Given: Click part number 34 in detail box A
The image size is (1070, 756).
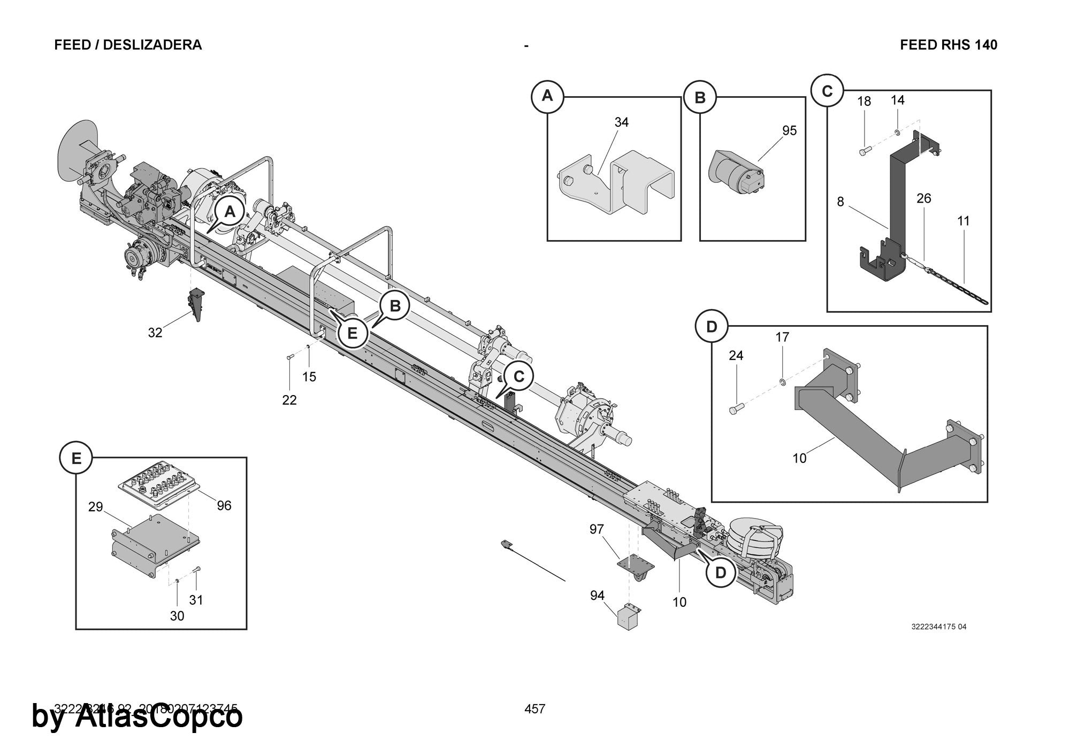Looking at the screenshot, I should pyautogui.click(x=621, y=122).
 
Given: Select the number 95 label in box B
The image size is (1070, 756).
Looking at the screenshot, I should pyautogui.click(x=789, y=130).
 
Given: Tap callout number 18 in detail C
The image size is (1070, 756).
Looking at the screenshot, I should pyautogui.click(x=864, y=102).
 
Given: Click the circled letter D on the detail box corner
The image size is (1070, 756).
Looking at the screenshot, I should pyautogui.click(x=711, y=327).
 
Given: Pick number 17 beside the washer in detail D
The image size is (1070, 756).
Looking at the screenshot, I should pyautogui.click(x=782, y=337).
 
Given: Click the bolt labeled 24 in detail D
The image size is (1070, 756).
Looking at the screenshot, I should pyautogui.click(x=733, y=410).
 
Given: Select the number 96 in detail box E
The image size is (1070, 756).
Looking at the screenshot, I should pyautogui.click(x=224, y=505).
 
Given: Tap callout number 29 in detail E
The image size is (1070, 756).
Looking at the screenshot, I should pyautogui.click(x=95, y=507).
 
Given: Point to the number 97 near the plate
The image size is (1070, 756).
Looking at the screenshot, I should pyautogui.click(x=597, y=529).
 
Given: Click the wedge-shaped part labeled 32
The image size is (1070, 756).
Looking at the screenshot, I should pyautogui.click(x=196, y=305).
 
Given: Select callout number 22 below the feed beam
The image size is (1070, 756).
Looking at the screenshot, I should pyautogui.click(x=289, y=400).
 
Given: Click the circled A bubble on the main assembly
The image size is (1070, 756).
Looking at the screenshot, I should pyautogui.click(x=230, y=212).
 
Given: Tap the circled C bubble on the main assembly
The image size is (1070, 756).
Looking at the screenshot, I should pyautogui.click(x=518, y=377).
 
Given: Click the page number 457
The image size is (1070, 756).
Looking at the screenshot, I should pyautogui.click(x=534, y=709).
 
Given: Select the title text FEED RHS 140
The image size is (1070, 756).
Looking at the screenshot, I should pyautogui.click(x=948, y=45).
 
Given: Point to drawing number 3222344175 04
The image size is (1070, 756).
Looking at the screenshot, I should pyautogui.click(x=938, y=627).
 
